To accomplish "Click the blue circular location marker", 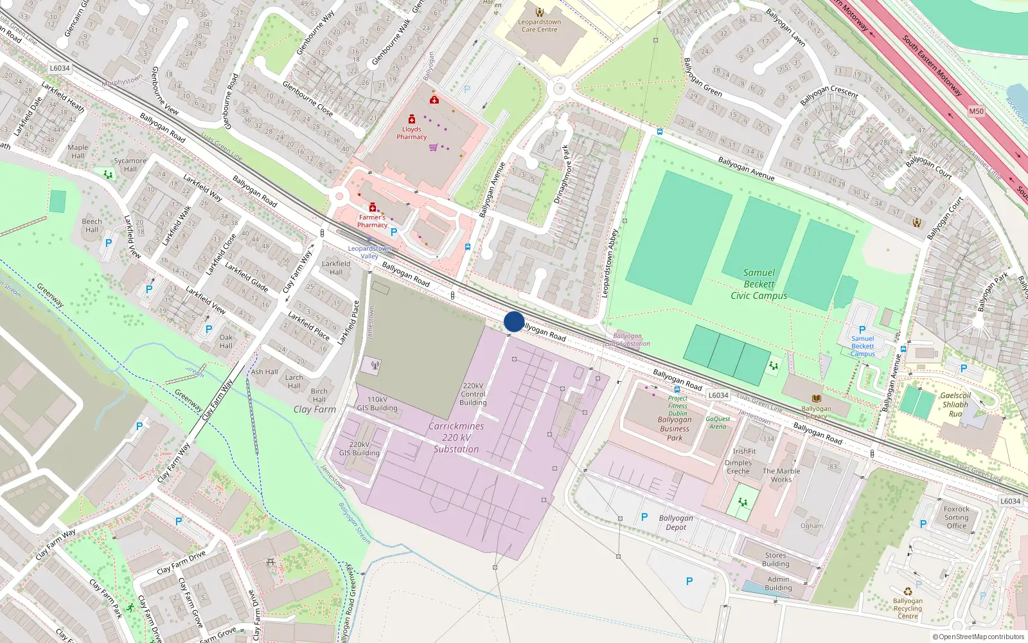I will (x=514, y=321).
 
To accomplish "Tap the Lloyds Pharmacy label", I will (x=411, y=133).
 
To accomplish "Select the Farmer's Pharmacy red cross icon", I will (x=373, y=207).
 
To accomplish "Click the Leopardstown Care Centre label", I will (x=540, y=26).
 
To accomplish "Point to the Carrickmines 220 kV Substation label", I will (x=456, y=437).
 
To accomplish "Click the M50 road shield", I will (x=976, y=111).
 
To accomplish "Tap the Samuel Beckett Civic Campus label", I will (x=759, y=284).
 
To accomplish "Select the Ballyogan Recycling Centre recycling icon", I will (x=908, y=592).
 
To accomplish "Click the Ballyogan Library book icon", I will (x=816, y=399).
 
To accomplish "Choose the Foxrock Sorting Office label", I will (x=956, y=517).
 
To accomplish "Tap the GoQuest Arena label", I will (x=718, y=422).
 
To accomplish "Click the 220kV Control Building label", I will (x=473, y=394).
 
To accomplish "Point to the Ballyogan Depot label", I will (x=676, y=522).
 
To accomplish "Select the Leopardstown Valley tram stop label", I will (x=369, y=252).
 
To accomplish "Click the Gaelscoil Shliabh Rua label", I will (x=955, y=404).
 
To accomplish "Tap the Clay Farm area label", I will (x=315, y=409).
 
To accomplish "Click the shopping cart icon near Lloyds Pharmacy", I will (x=433, y=147).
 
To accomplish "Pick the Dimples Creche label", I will (x=738, y=467).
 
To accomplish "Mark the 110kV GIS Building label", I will (x=377, y=404).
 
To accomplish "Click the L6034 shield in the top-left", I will (x=59, y=68).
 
